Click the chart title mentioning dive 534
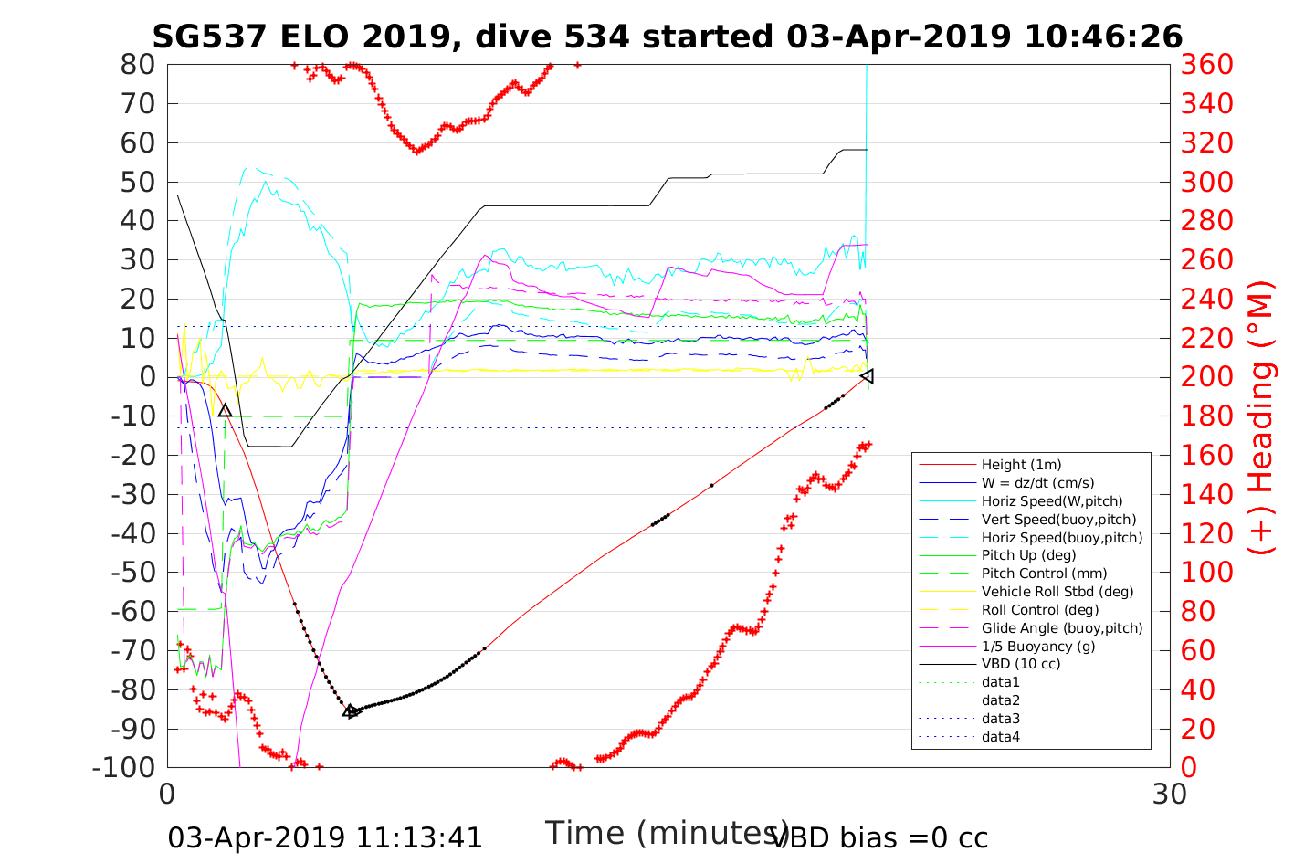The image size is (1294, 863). tap(667, 37)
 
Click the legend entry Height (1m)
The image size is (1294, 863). tap(1021, 465)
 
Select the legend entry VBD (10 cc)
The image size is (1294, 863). tap(1021, 664)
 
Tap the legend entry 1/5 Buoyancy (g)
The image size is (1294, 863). tap(1038, 646)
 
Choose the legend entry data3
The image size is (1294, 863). tap(1000, 719)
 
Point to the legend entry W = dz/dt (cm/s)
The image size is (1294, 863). tap(1037, 483)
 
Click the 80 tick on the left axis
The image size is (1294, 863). tap(138, 65)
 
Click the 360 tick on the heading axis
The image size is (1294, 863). tap(1207, 65)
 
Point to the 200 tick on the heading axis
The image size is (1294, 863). tap(1207, 376)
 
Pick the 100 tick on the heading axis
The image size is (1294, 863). tap(1207, 572)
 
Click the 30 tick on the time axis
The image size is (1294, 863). tap(1170, 794)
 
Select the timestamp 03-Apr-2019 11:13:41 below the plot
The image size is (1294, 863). tap(325, 837)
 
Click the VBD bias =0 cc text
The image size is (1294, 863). tap(880, 837)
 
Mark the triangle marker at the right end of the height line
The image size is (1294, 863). tap(867, 376)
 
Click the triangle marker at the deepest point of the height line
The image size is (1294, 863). tap(351, 710)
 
